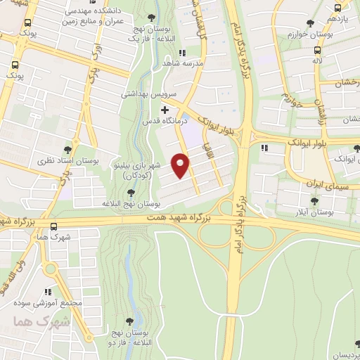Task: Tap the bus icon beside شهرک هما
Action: pyautogui.click(x=54, y=226)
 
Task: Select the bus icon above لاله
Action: pyautogui.click(x=319, y=51)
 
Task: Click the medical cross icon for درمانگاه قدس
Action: pyautogui.click(x=165, y=110)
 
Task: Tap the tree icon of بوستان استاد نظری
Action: pyautogui.click(x=67, y=149)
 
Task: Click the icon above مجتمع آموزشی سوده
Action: pyautogui.click(x=49, y=291)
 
